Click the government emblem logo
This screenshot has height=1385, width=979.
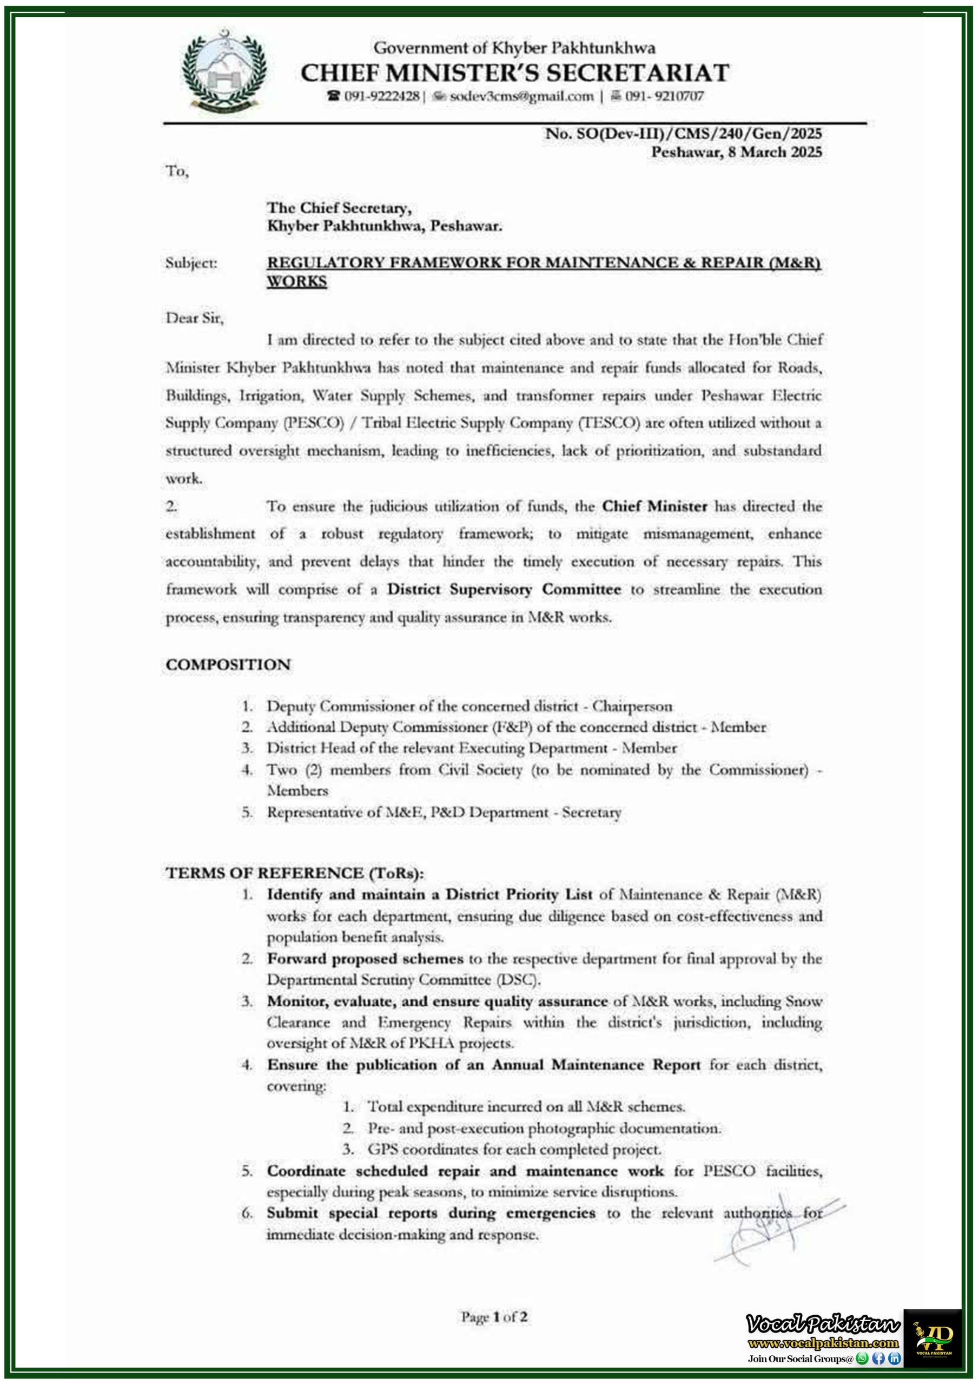[224, 72]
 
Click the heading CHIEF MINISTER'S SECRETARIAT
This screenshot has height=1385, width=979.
[514, 73]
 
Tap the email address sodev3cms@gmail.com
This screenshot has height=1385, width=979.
[521, 96]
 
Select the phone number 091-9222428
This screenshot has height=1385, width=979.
[381, 96]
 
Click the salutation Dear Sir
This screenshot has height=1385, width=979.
[194, 318]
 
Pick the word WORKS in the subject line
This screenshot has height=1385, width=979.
[297, 282]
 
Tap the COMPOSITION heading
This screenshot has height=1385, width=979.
[228, 665]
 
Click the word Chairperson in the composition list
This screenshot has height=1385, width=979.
[632, 707]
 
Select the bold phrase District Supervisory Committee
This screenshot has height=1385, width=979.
[504, 589]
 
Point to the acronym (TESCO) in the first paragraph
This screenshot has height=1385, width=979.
[608, 423]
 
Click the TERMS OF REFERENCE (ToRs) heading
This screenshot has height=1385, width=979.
[295, 873]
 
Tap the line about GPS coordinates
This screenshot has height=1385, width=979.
[514, 1149]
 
